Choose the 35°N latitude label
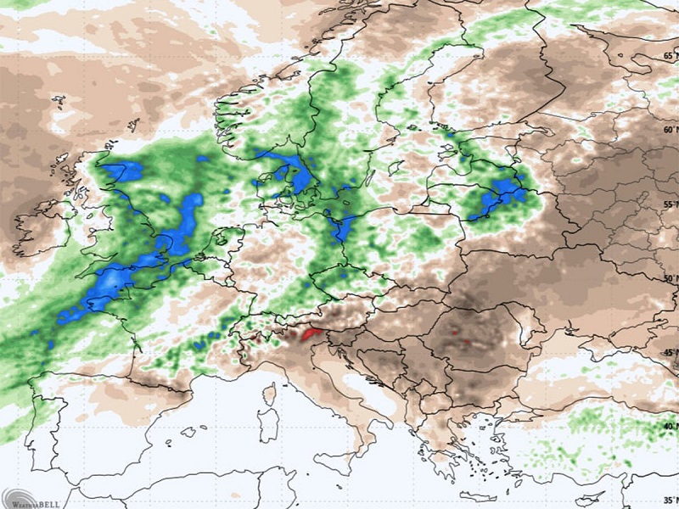pyautogui.click(x=671, y=500)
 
